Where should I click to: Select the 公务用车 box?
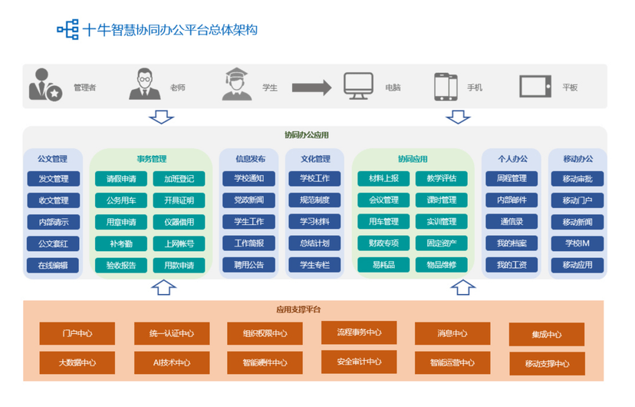tap(120, 200)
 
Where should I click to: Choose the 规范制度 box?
tap(314, 200)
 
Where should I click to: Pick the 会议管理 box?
tap(383, 200)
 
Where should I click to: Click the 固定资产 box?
tap(436, 243)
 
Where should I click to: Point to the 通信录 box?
tap(512, 222)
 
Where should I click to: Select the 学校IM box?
tap(577, 243)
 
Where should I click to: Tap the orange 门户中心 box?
tap(77, 333)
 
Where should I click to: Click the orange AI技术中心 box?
tap(172, 362)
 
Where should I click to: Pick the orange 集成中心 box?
tap(547, 334)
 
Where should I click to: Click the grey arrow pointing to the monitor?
tap(311, 86)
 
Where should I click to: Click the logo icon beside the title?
tap(67, 30)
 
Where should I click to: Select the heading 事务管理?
tap(151, 159)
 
